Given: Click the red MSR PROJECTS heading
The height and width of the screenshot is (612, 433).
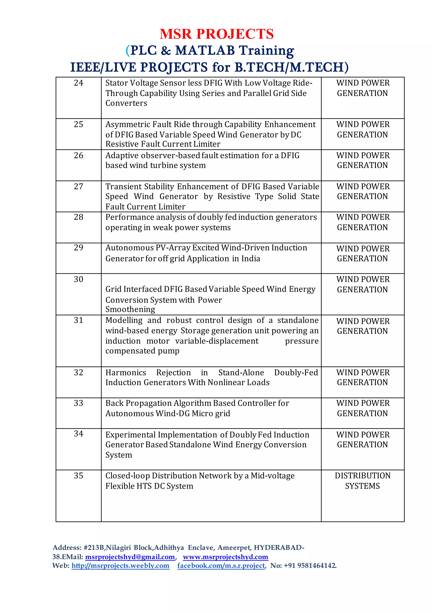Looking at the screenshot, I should point(216,34).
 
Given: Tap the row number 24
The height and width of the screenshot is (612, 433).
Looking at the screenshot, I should point(78,83).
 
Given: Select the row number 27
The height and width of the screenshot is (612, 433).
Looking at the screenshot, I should point(78,186).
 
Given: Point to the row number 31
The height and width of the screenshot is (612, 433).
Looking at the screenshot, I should point(78,320).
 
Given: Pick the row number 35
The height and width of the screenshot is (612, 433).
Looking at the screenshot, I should point(78,475).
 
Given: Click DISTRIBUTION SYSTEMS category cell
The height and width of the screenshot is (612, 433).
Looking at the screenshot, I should point(362,481).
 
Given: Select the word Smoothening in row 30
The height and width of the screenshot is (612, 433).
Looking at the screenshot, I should point(130,309).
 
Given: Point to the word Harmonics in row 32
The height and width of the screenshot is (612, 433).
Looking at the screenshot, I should point(126,372).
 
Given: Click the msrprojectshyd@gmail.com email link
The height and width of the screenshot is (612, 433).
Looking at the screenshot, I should point(130,557).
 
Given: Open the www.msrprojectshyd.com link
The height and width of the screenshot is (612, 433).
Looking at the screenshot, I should point(225,557).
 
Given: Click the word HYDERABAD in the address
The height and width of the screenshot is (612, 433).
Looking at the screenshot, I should point(277,548).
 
